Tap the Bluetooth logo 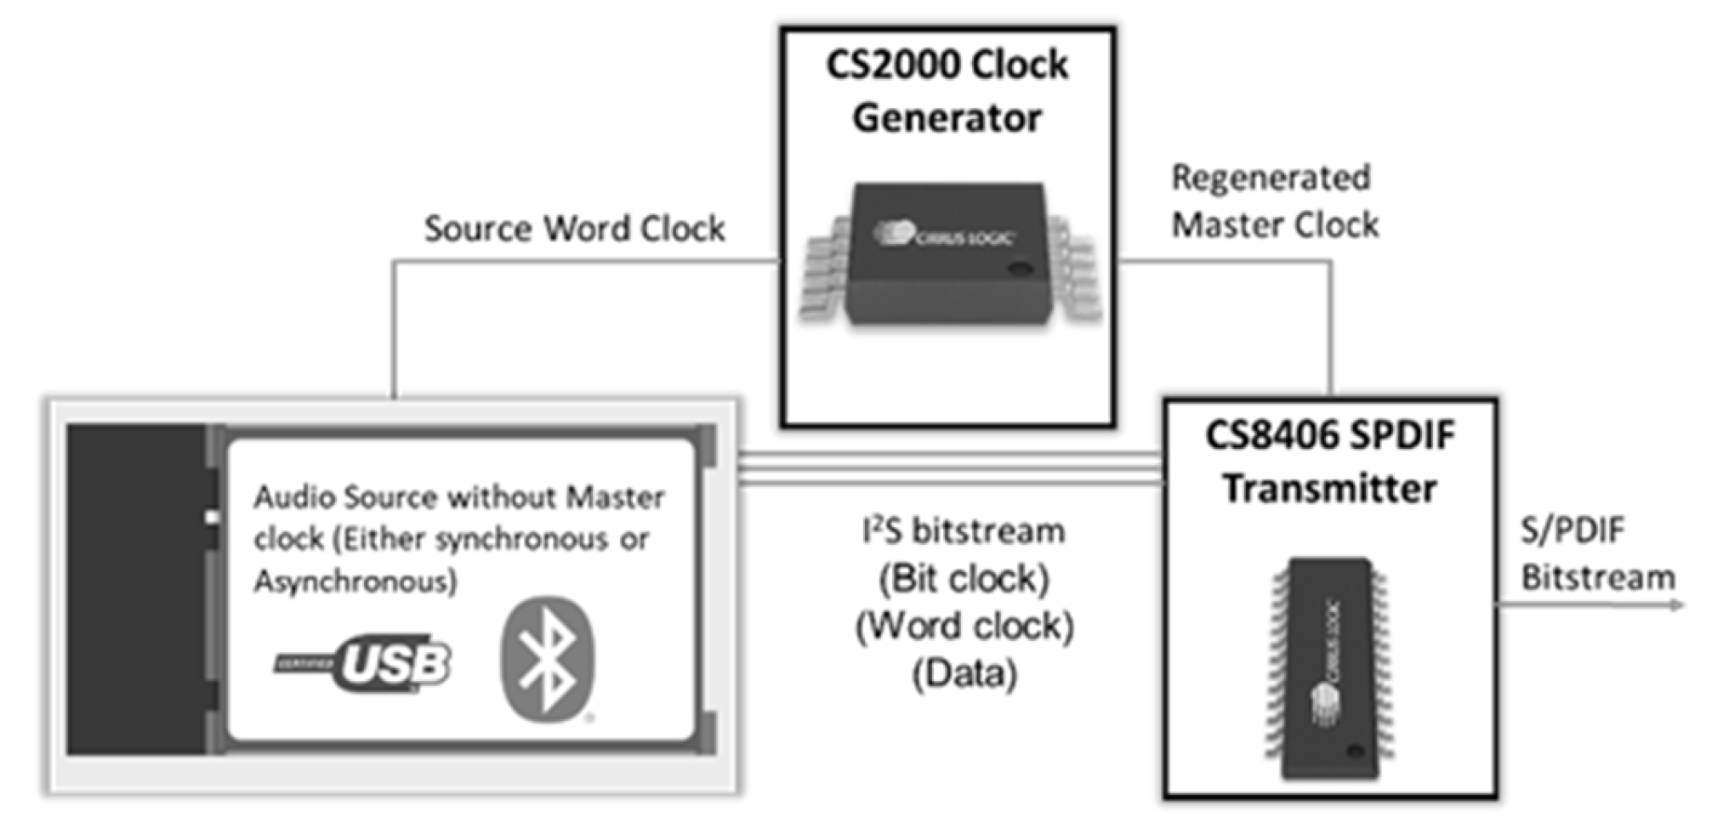coord(548,659)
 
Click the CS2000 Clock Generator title coord(947,90)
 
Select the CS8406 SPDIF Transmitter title coord(1330,462)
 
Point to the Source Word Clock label coord(574,229)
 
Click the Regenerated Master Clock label coord(1274,201)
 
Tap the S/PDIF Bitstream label coord(1595,554)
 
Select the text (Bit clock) coord(964,580)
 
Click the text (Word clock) coord(964,627)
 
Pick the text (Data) coord(964,675)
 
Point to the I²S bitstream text coord(964,532)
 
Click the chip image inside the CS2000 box coord(949,253)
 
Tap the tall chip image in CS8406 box coord(1330,667)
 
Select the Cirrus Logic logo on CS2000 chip coord(944,234)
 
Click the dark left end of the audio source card coord(136,589)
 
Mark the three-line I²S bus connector coord(949,469)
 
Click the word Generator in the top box coord(947,117)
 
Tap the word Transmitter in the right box coord(1330,489)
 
